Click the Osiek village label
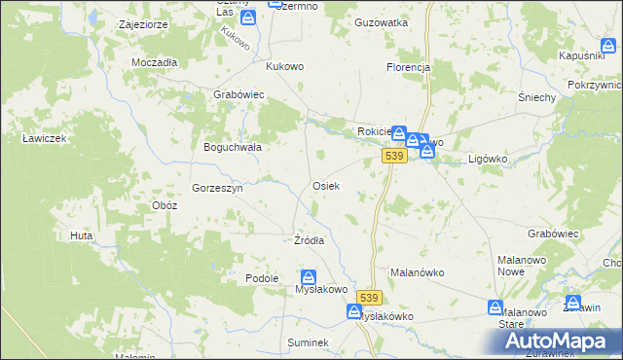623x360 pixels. (x=325, y=185)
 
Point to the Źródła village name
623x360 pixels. (x=309, y=240)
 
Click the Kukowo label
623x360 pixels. (x=285, y=67)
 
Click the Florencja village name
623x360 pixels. (x=408, y=67)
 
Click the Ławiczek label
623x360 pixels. (x=44, y=138)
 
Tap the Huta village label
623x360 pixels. (x=81, y=235)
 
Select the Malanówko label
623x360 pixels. (x=417, y=272)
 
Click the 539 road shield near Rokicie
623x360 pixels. (x=394, y=157)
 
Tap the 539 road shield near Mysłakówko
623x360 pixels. (x=367, y=298)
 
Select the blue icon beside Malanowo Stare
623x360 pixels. (x=495, y=308)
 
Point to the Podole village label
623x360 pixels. (x=262, y=278)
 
